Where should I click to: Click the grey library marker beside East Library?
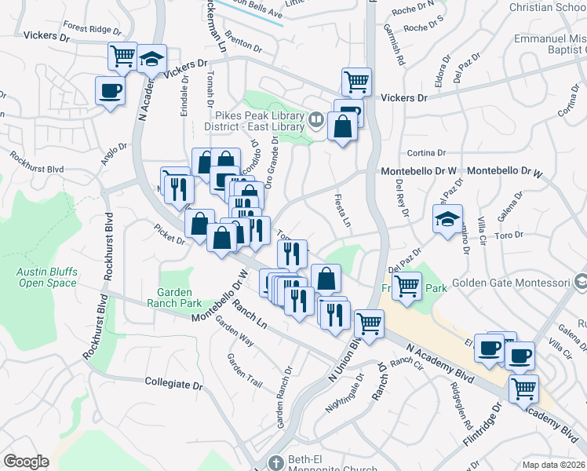tap(315, 120)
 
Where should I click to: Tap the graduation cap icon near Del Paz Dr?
tap(447, 219)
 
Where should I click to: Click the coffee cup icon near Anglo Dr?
tap(109, 90)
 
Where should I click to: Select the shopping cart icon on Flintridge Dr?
tap(523, 389)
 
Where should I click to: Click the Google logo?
tap(26, 462)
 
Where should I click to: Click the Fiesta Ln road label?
tap(341, 210)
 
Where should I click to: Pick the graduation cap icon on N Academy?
tap(152, 60)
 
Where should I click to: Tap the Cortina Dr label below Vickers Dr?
tap(426, 153)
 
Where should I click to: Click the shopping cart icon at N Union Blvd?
tap(368, 323)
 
